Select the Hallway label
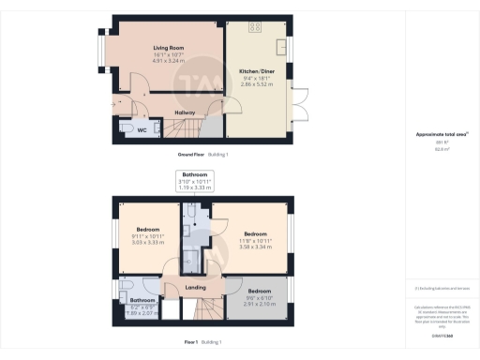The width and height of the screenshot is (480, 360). click(185, 112)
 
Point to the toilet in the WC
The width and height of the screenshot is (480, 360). click(126, 130)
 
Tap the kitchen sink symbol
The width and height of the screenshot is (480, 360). click(281, 46)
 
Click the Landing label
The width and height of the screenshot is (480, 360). click(194, 287)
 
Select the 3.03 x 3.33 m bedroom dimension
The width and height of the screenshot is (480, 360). click(149, 241)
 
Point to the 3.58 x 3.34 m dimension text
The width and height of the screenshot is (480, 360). click(257, 247)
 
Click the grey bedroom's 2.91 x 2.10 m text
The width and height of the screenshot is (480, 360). click(259, 305)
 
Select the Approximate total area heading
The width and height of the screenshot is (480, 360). click(441, 135)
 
